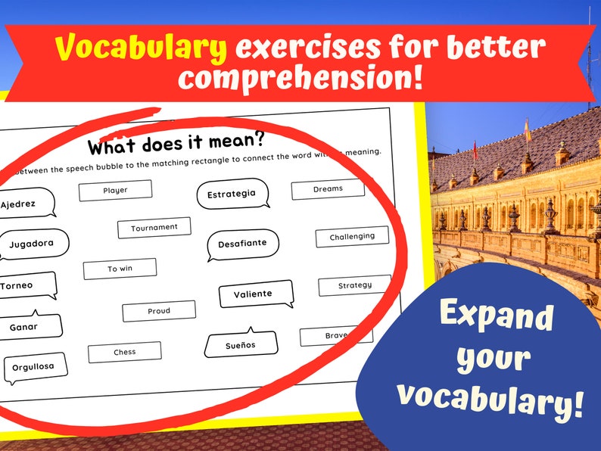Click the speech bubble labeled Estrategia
[232, 194]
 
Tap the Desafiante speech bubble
[242, 245]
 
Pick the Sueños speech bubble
[240, 345]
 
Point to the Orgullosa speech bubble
[34, 368]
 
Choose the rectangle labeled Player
[115, 190]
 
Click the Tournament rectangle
[154, 227]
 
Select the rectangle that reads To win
[120, 269]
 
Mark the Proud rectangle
[159, 311]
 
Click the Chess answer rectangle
[125, 352]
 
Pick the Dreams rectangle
[328, 189]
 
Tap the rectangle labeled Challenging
[352, 237]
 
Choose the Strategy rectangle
[354, 286]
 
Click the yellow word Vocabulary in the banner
[141, 48]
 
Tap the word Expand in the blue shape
[497, 316]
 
